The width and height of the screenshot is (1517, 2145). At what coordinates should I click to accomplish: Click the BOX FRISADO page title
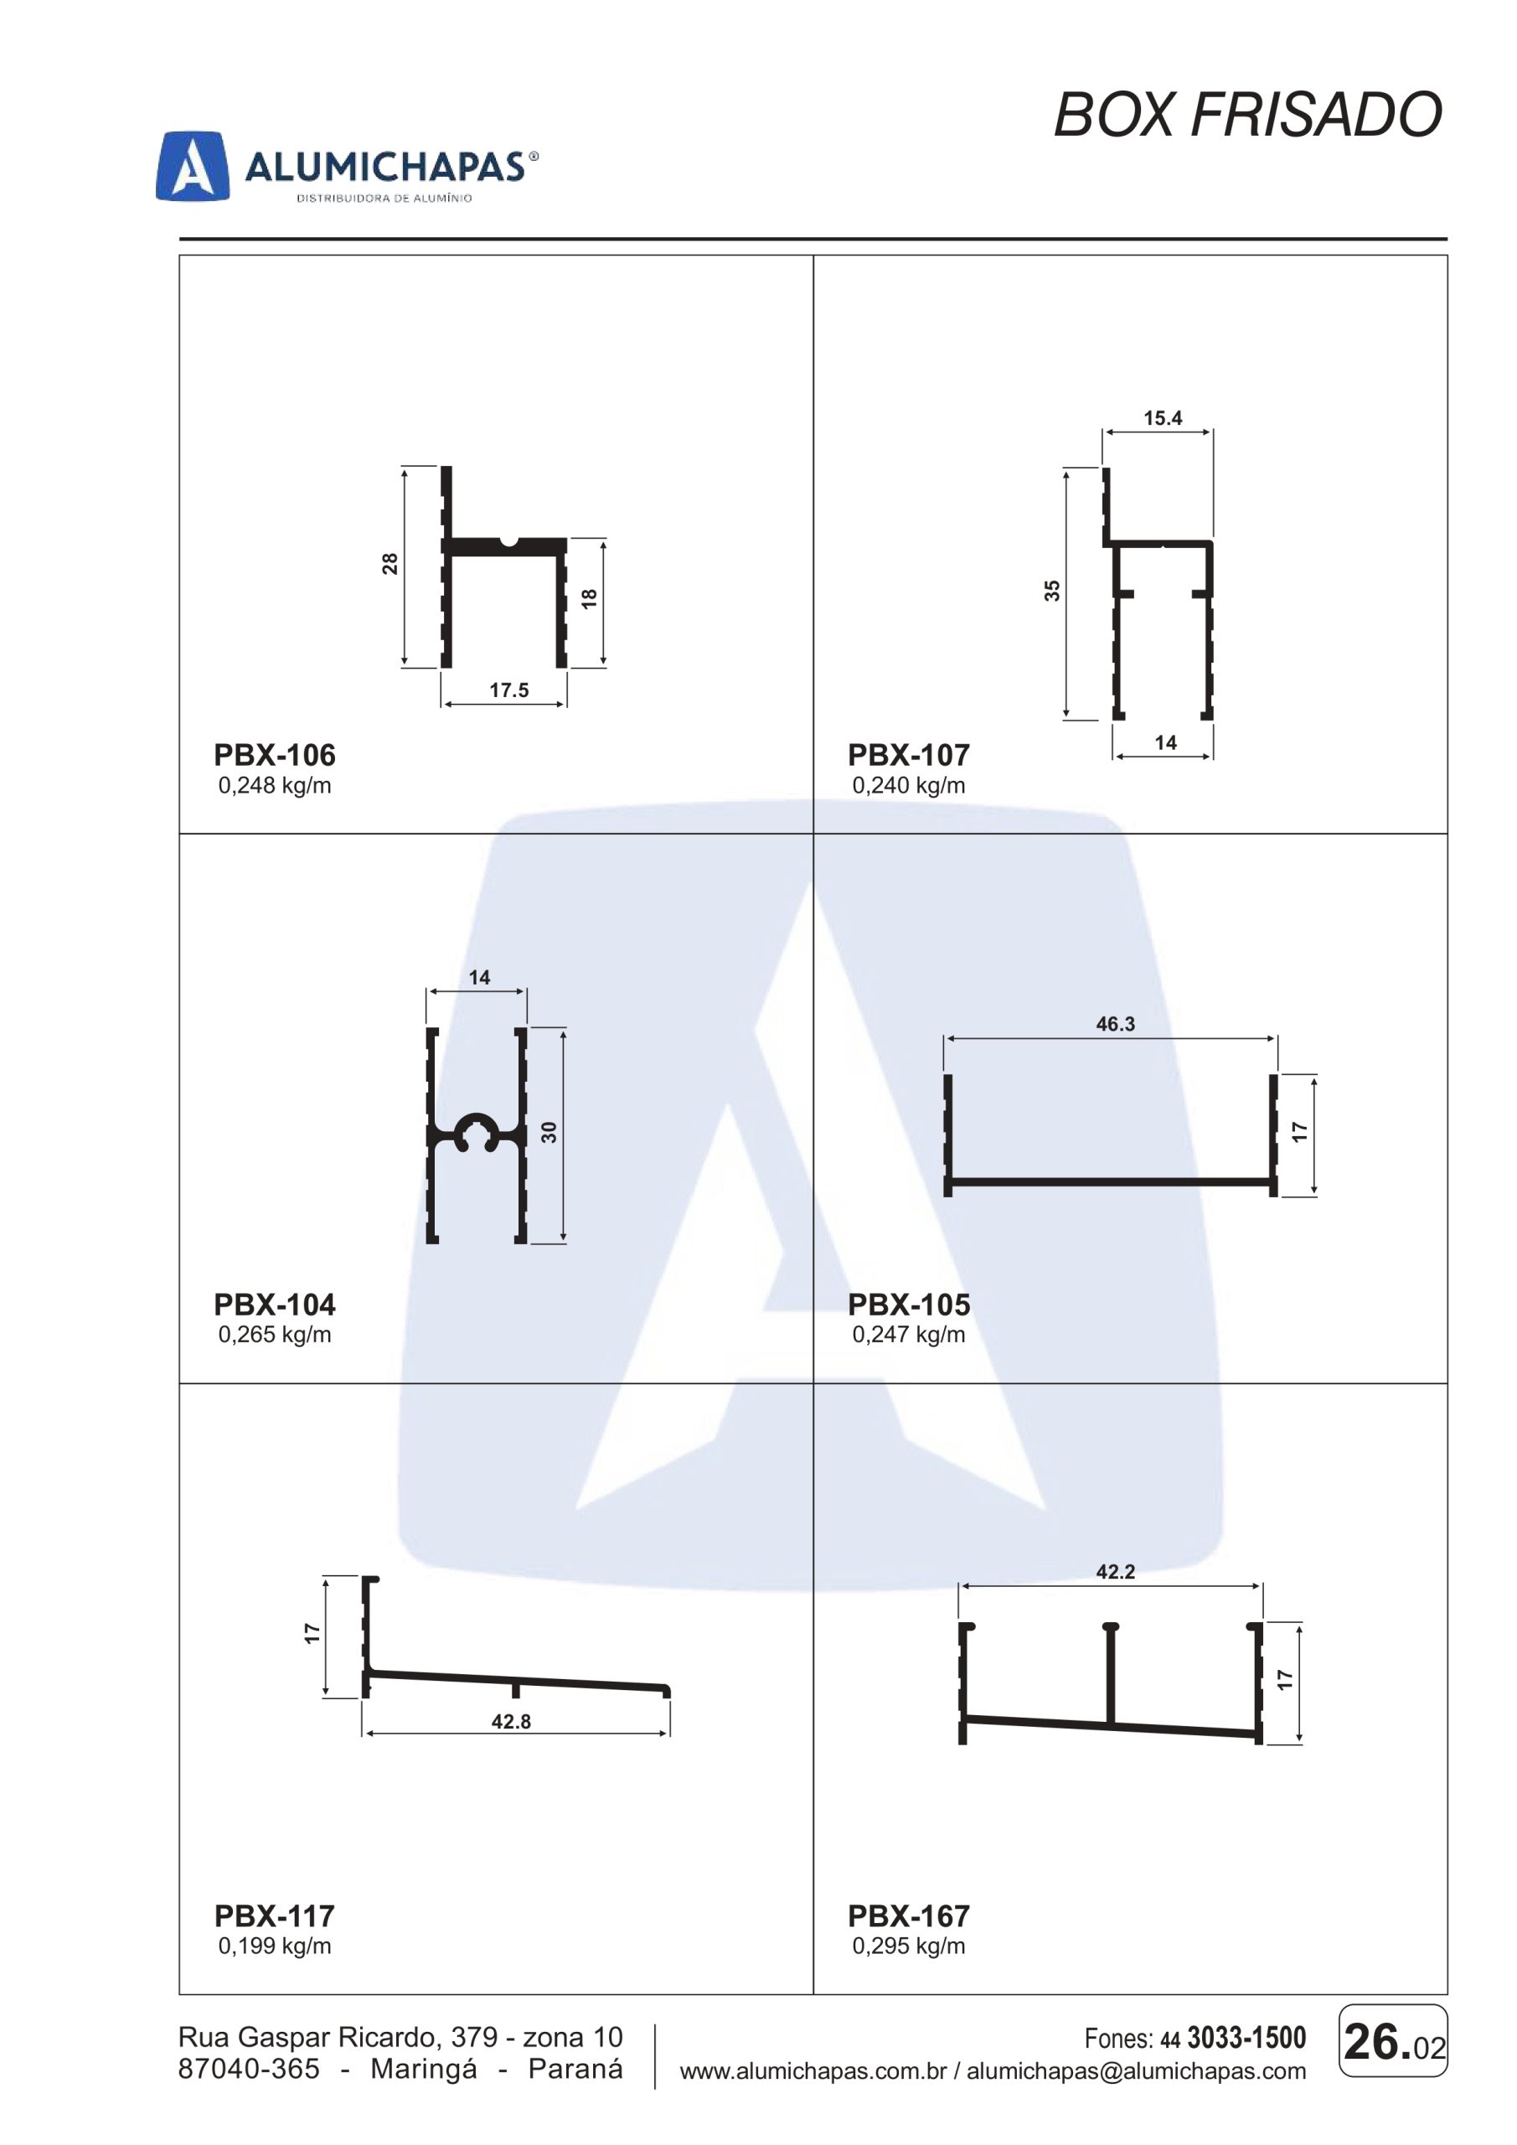point(1248,116)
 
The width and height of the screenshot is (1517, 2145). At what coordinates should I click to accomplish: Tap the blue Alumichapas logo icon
point(193,165)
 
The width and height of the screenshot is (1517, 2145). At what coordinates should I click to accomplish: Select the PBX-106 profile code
point(275,755)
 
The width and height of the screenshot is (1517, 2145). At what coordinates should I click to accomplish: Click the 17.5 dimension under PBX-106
point(509,690)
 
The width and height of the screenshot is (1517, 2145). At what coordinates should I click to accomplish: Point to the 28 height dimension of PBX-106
point(390,563)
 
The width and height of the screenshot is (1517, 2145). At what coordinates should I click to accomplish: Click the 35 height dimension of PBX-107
point(1053,591)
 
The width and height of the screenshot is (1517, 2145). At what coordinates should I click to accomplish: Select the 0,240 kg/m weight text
point(909,786)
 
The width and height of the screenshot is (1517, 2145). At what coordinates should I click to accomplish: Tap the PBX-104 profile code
point(275,1305)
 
